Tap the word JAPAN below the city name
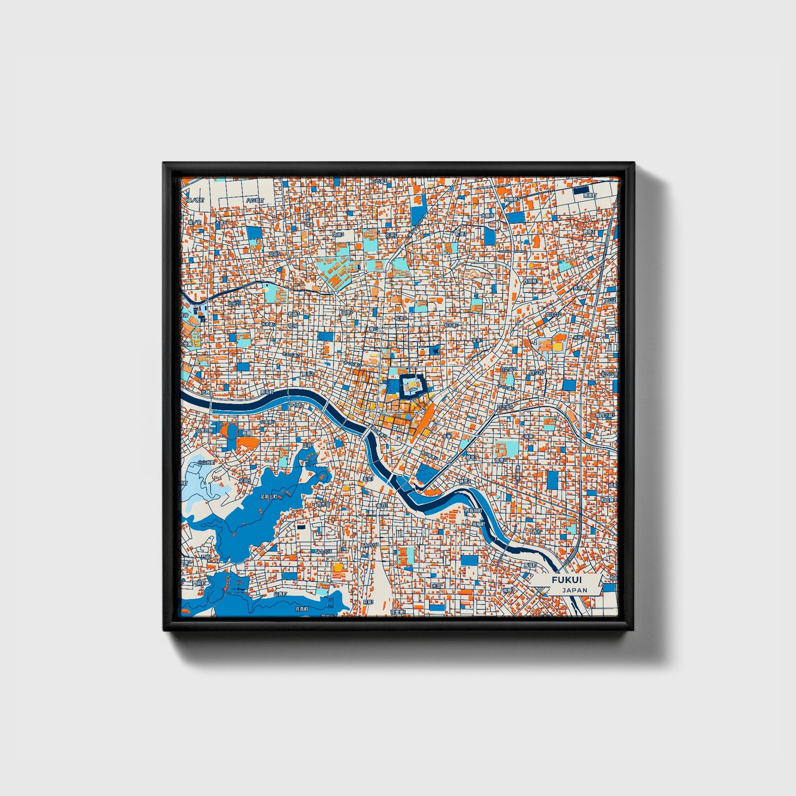click(575, 590)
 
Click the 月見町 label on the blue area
click(301, 609)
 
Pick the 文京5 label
click(337, 235)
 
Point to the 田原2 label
click(346, 312)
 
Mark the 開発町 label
click(588, 196)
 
